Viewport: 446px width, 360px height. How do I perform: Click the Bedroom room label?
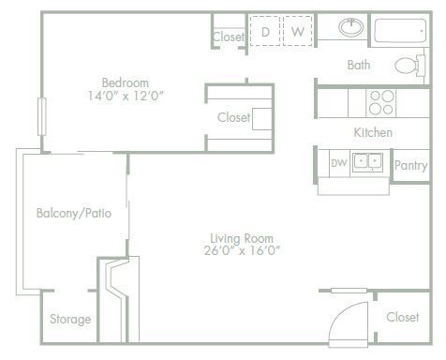click(x=126, y=82)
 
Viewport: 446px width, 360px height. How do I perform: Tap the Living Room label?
click(x=242, y=236)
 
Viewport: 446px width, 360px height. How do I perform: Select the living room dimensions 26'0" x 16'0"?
click(x=242, y=250)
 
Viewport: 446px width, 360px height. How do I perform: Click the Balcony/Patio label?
click(x=74, y=213)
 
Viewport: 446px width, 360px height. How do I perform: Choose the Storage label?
click(x=70, y=319)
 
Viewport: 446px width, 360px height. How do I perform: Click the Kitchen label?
click(x=373, y=133)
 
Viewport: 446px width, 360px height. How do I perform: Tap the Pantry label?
click(x=410, y=166)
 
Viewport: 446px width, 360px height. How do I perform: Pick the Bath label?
click(x=359, y=66)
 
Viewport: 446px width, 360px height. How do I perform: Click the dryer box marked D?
click(x=265, y=32)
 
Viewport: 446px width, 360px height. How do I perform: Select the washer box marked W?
click(x=297, y=32)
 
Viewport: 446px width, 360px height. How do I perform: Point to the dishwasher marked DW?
click(x=338, y=163)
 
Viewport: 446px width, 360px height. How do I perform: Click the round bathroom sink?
click(x=351, y=27)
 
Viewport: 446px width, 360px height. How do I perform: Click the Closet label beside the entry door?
click(x=403, y=317)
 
